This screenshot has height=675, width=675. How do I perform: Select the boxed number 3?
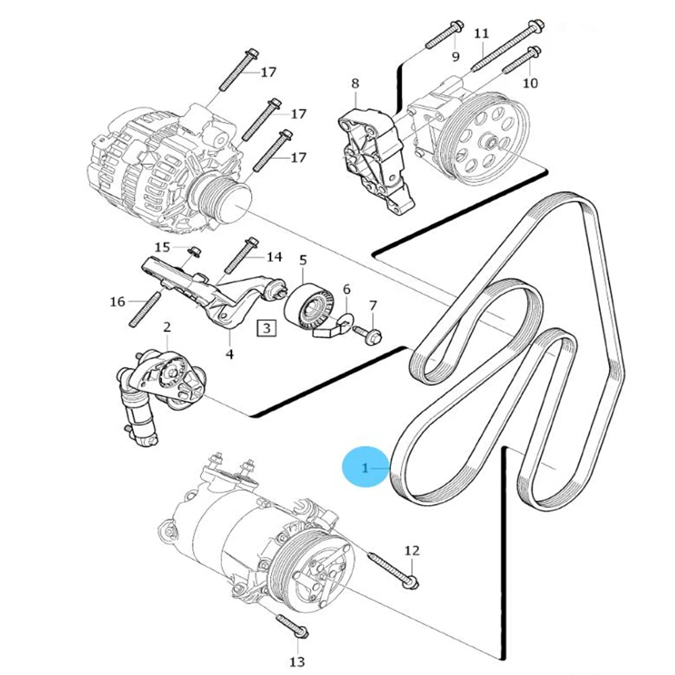pos(267,329)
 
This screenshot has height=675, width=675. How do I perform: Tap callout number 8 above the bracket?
pos(355,84)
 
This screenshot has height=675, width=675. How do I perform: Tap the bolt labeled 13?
pos(292,626)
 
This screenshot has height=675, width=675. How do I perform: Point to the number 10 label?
pos(531,82)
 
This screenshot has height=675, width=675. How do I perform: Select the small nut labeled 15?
pos(194,252)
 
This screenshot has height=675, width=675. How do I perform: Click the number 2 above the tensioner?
pos(167,328)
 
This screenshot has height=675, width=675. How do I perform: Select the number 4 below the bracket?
pos(230,354)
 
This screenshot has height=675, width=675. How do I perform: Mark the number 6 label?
pos(346,290)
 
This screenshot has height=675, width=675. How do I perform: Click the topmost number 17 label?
pos(269,71)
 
